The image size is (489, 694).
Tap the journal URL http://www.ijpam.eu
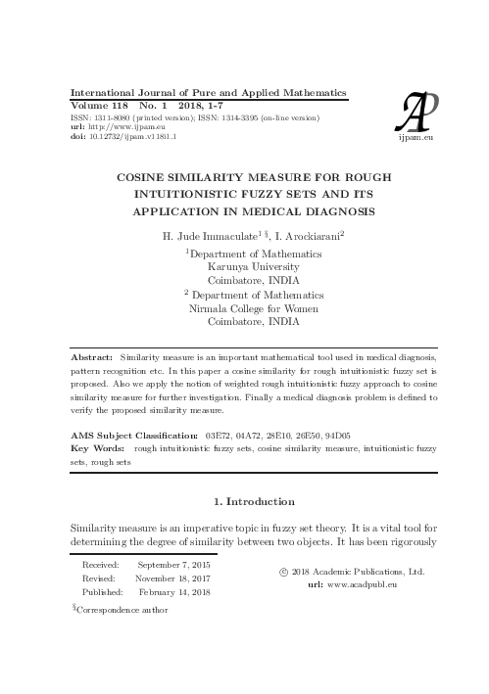point(120,127)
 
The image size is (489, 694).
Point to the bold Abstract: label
point(93,360)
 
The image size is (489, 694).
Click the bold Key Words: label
point(99,446)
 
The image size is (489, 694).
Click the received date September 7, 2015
point(174,566)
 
